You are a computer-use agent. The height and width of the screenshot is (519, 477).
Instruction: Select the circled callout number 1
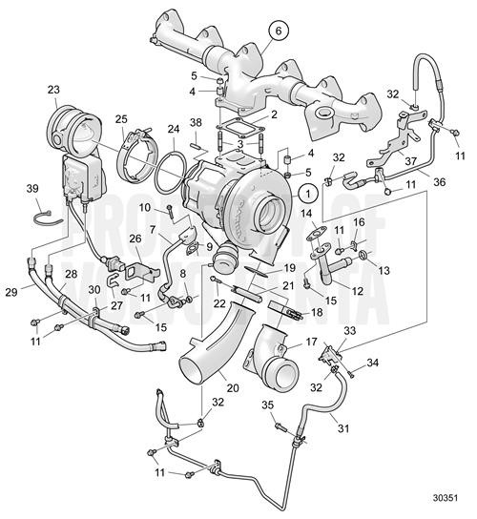tap(306, 191)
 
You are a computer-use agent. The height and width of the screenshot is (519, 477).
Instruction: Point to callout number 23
tap(52, 91)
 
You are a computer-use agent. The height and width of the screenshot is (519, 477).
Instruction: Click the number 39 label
tap(31, 188)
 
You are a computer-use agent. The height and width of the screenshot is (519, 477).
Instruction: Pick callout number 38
tap(196, 124)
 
